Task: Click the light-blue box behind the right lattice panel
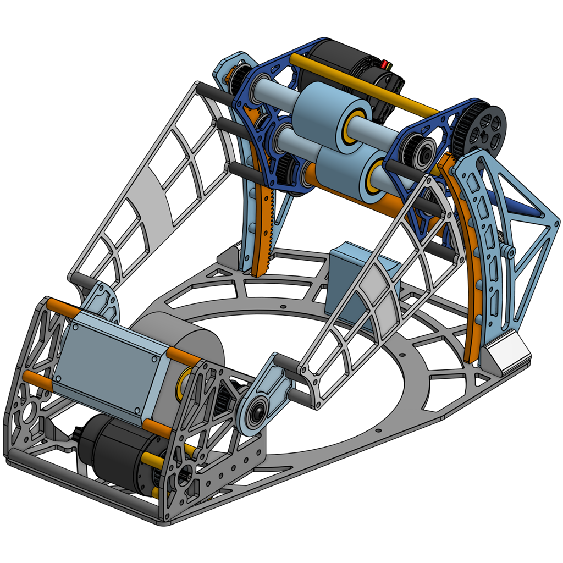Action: click(x=357, y=275)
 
